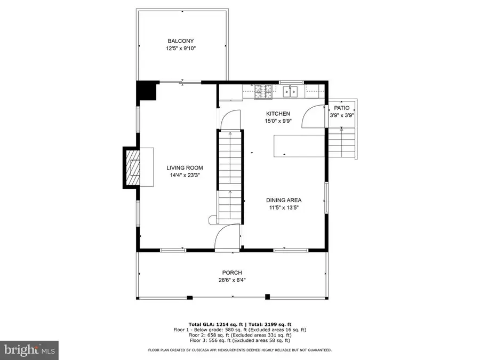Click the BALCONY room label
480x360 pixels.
180,41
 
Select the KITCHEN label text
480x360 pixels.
278,114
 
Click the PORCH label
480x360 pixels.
232,272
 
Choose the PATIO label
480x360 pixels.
342,108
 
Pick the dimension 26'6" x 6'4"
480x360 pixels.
232,279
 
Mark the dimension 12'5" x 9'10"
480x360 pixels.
180,49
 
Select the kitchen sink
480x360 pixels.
291,92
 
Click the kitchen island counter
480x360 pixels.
299,146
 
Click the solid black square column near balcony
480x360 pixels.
147,91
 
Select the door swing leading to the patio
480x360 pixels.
314,117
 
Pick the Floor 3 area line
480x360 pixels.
239,340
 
